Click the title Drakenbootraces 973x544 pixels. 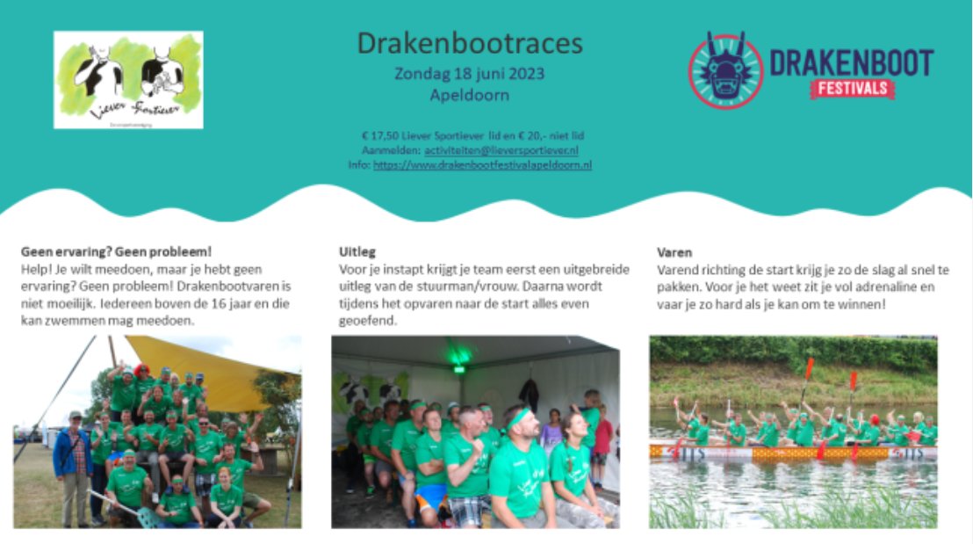click(470, 43)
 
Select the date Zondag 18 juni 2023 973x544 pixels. click(470, 74)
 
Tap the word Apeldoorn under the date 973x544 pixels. click(470, 95)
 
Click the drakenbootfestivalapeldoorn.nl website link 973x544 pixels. click(482, 164)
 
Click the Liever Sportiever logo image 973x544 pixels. click(128, 80)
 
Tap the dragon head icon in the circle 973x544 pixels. click(725, 71)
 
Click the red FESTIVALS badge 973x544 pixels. click(852, 88)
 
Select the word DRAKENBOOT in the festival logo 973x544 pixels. click(851, 62)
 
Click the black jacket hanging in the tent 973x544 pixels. click(529, 393)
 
